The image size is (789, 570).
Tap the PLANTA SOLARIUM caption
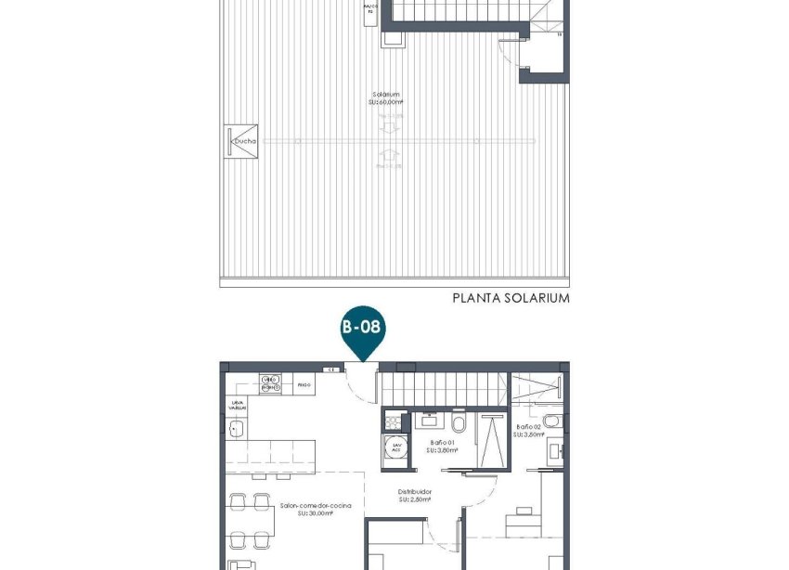tap(511, 299)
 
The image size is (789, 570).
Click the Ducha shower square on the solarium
tap(241, 141)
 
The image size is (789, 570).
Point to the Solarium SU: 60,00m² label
tap(386, 98)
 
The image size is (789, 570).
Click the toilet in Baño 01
tap(459, 424)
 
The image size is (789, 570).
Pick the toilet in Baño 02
tap(551, 424)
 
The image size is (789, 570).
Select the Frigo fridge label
tap(303, 383)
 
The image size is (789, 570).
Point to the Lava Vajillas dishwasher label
tap(239, 406)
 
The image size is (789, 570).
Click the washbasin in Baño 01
tap(429, 420)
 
